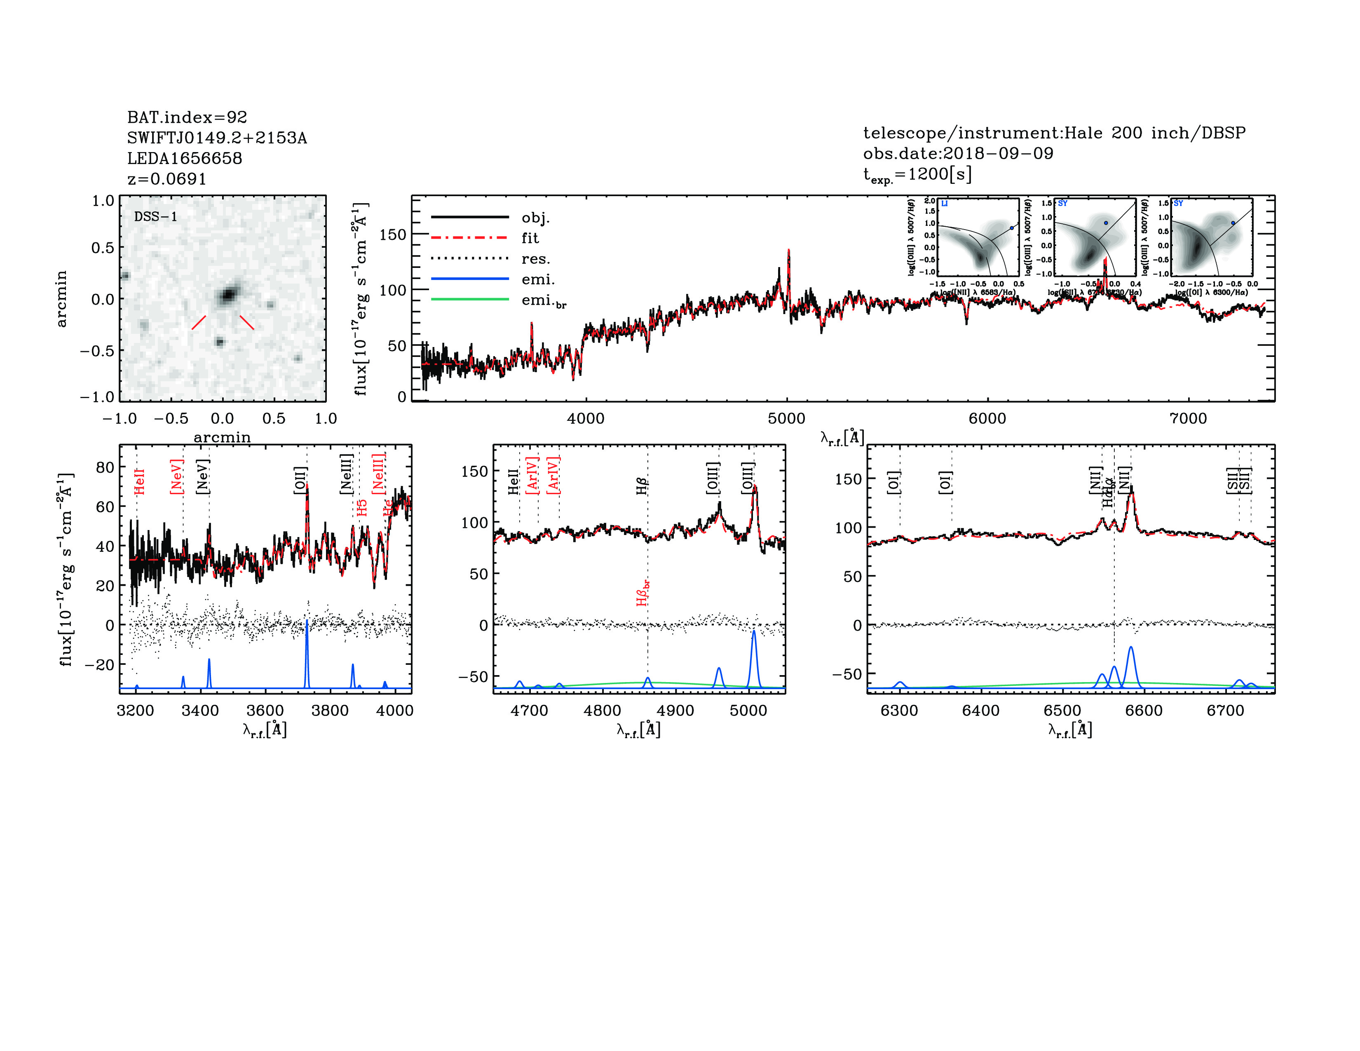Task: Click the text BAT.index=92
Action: tap(187, 117)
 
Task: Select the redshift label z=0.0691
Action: tap(166, 179)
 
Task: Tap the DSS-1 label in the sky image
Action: tap(156, 217)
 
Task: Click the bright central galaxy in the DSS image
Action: tap(229, 293)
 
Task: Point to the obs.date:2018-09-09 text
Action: tap(958, 153)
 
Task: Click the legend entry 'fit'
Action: tap(530, 238)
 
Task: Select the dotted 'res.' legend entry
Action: tap(535, 259)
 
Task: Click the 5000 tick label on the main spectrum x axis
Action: tap(786, 418)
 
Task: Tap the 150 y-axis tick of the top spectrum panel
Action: tap(392, 235)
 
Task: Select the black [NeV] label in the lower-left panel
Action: tap(202, 477)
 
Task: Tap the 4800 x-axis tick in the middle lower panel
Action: tap(602, 711)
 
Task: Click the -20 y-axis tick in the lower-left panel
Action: tap(100, 664)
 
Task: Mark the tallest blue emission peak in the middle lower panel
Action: tap(753, 632)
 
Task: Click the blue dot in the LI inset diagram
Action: tap(1011, 228)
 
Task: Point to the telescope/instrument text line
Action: tap(1054, 133)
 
